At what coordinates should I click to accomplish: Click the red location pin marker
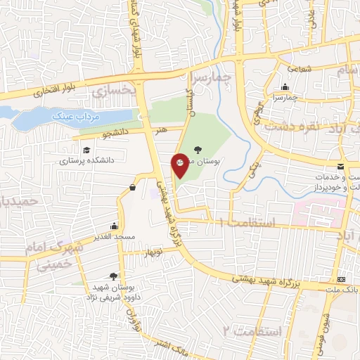tap(181, 166)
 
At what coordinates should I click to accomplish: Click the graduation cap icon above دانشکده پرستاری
tap(86, 150)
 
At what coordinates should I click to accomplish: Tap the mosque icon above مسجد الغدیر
tap(114, 226)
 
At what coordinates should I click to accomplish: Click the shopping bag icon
tap(133, 187)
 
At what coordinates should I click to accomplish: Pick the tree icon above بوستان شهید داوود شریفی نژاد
tap(113, 276)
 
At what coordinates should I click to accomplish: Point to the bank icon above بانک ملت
tap(342, 279)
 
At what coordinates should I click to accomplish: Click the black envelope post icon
tap(341, 166)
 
